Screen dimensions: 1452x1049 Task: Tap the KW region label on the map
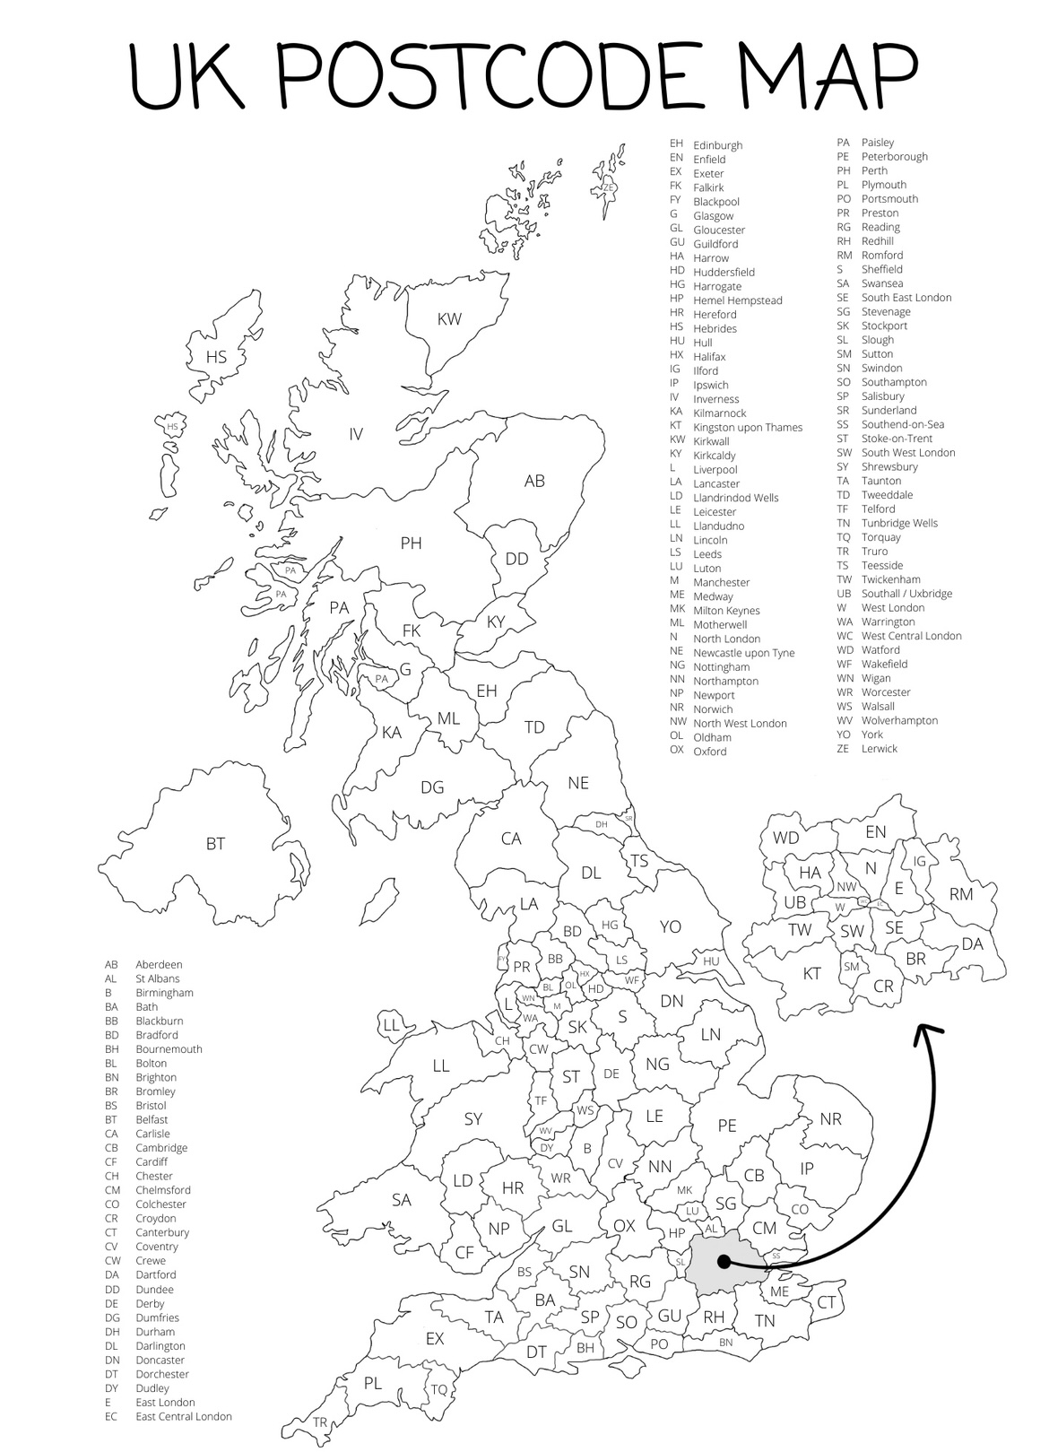pos(449,319)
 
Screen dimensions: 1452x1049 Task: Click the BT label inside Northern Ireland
pos(215,844)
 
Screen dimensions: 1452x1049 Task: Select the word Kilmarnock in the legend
pos(719,413)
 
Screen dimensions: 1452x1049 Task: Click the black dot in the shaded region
pos(723,1261)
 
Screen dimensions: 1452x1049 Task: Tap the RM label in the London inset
pos(961,894)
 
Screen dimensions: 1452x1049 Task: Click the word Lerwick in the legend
pos(879,749)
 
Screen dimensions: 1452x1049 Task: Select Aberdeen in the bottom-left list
pos(159,965)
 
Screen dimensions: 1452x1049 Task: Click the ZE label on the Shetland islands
pos(608,188)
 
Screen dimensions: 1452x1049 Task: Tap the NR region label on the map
pos(831,1119)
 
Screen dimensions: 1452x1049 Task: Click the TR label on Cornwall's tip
pos(320,1422)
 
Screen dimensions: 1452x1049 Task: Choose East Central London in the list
pos(184,1417)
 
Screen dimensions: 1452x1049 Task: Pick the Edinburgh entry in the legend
pos(717,145)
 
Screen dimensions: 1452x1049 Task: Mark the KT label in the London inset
pos(811,973)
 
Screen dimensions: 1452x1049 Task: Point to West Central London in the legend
pos(911,636)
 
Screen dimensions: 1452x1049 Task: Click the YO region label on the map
pos(671,926)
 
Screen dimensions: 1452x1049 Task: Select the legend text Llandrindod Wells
pos(735,498)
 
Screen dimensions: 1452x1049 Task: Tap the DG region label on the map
pos(432,787)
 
